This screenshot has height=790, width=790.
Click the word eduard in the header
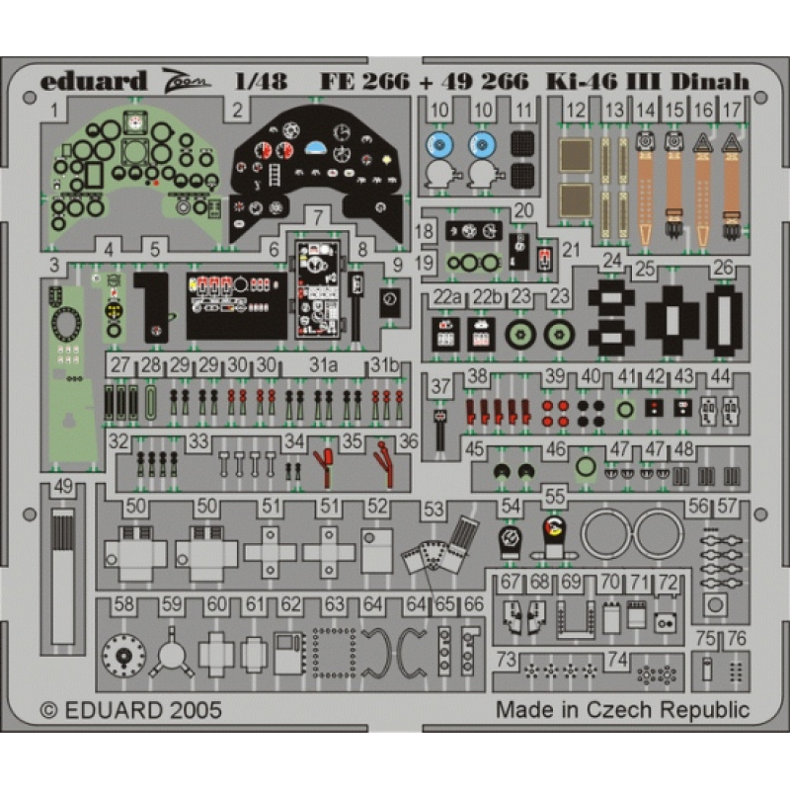coord(93,82)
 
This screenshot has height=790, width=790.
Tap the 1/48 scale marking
coord(261,82)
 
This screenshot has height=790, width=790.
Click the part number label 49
coord(63,487)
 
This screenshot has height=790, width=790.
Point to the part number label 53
coord(434,510)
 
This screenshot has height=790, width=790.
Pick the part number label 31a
coord(324,365)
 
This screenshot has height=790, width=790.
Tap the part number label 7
coord(318,217)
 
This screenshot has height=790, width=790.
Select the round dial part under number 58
coord(123,655)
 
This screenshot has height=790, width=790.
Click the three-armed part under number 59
coord(171,654)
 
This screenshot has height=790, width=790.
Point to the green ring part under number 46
coord(586,466)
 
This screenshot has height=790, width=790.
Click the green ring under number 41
coord(625,409)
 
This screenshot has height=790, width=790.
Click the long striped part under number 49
coord(63,577)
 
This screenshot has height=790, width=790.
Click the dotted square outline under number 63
coord(334,653)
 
